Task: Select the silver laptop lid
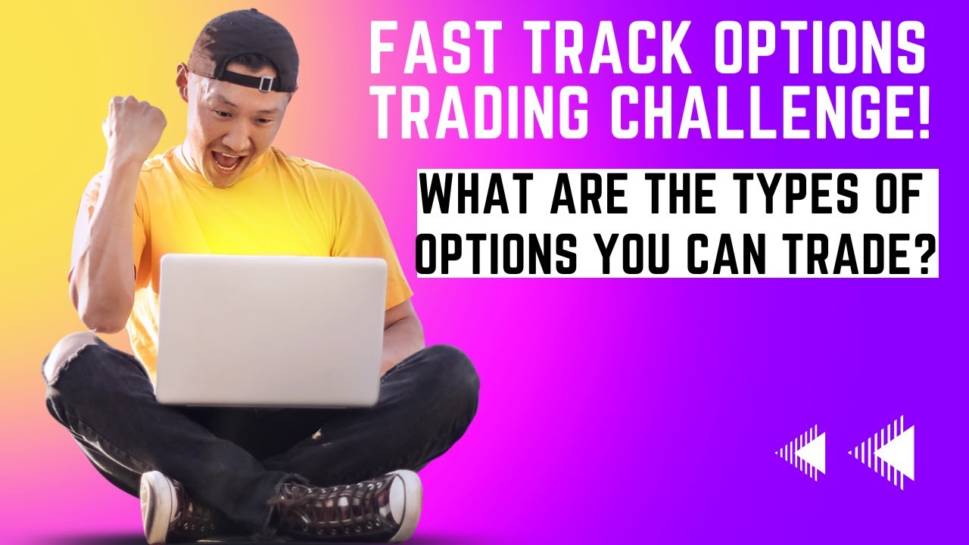[x=273, y=329]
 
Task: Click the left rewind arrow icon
[x=801, y=453]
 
